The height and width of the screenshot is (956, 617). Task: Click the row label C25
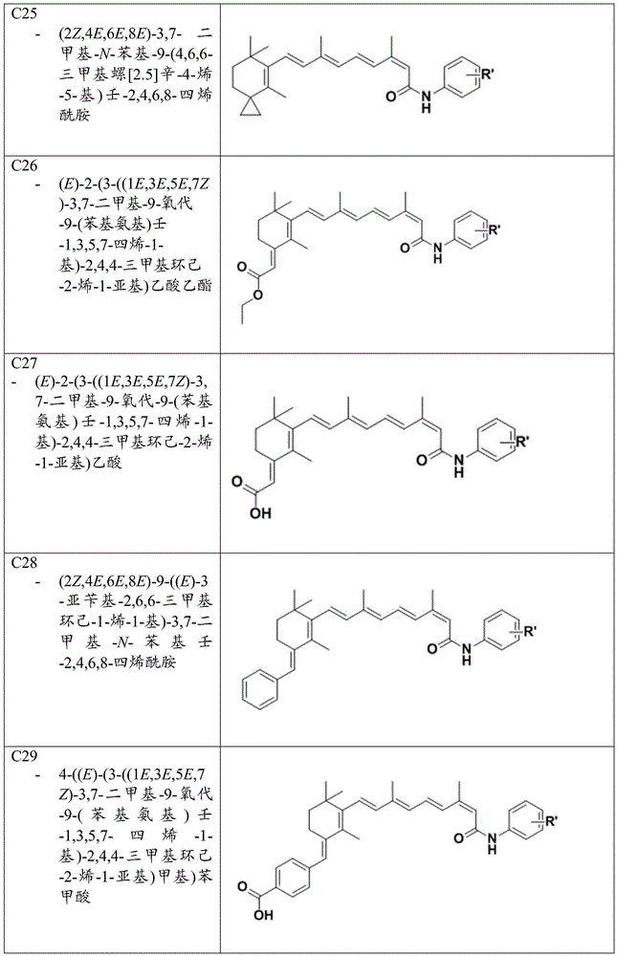coord(25,12)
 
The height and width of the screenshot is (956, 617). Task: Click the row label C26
coord(25,165)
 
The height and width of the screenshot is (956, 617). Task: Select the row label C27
coord(25,363)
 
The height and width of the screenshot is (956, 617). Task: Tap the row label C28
coord(25,563)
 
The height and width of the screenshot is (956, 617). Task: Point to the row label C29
coord(25,756)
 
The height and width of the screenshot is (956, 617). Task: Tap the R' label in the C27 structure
coord(520,442)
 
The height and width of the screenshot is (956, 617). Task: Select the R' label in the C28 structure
coord(527,630)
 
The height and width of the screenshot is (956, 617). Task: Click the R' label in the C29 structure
coord(550,820)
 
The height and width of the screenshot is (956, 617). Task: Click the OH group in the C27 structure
coord(260,513)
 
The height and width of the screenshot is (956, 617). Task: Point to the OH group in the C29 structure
coord(264,915)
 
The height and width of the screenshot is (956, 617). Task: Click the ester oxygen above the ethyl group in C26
coord(258,295)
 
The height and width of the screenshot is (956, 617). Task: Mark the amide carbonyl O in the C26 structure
coord(404,249)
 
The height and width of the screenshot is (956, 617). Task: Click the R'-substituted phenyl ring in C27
coord(495,440)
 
